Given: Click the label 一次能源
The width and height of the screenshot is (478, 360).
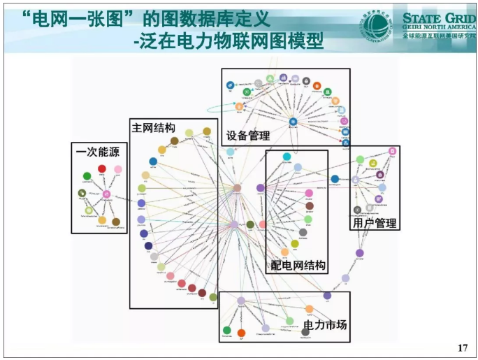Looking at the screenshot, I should point(97,152).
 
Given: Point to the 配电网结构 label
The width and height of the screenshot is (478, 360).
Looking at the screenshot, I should point(298,265).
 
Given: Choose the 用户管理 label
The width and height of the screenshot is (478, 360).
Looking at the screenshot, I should point(375,223).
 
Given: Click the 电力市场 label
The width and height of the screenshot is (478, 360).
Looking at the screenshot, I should point(324,325).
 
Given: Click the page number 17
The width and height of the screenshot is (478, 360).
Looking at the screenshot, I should point(462,347).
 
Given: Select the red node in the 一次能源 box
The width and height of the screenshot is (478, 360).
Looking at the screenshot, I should point(102,168).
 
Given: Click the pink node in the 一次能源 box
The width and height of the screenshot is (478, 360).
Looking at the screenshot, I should point(117,170).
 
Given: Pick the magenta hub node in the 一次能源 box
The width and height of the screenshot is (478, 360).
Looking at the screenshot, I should point(106,194).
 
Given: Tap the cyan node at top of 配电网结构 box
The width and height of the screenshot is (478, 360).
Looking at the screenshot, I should point(287,157).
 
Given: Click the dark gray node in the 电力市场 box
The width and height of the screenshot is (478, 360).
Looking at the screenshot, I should point(305,331).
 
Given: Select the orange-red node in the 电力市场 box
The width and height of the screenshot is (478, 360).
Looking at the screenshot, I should point(241,333).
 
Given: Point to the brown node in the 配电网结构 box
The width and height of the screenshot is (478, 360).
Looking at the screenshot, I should point(309,206).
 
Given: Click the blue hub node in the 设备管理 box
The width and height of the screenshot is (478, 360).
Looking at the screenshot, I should point(293,122).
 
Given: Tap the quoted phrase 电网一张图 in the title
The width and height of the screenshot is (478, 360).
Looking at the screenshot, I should point(83,17).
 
